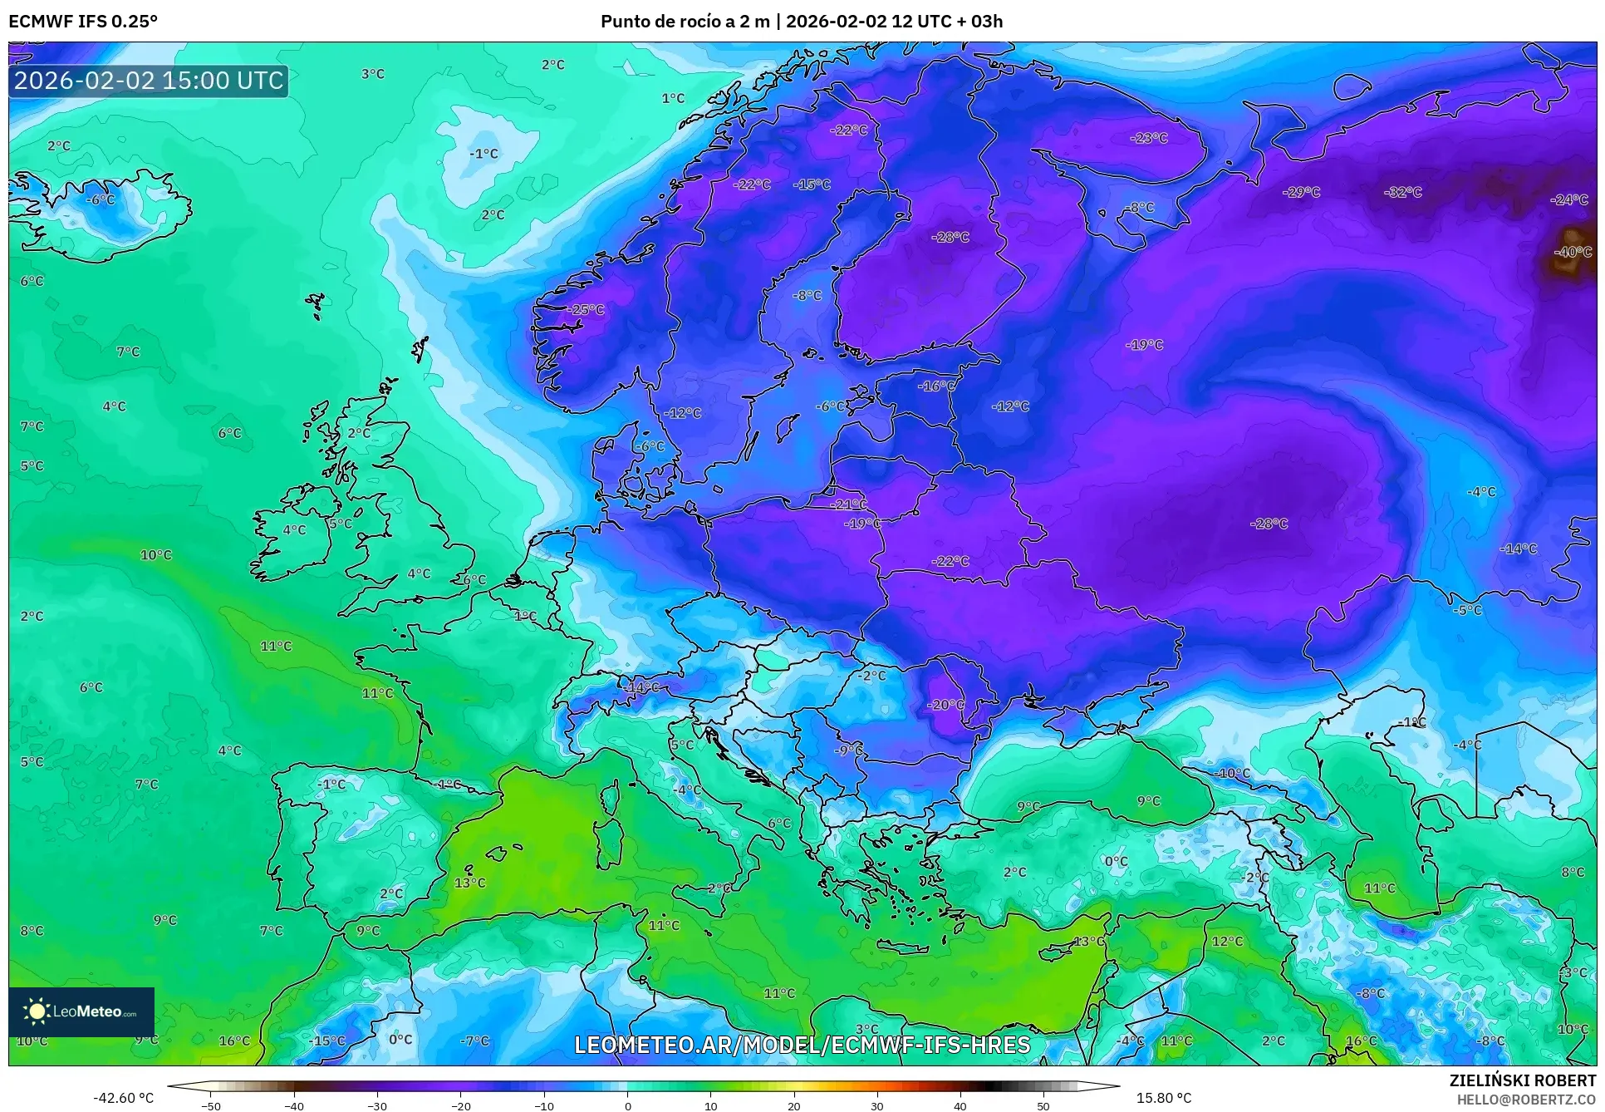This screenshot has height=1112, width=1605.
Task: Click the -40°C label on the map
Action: click(1573, 252)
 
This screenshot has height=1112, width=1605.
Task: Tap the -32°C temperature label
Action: click(1403, 192)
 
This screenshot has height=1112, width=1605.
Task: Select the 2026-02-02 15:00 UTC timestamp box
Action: click(149, 81)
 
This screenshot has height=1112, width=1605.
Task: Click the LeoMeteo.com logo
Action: click(81, 1011)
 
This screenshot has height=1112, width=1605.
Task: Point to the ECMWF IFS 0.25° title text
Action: click(83, 22)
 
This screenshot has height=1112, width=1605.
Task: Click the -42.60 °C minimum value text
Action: click(124, 1098)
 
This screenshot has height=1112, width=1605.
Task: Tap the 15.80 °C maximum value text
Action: click(1163, 1098)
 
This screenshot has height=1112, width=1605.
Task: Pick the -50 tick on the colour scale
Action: click(211, 1105)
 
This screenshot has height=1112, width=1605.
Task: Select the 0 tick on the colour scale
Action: click(627, 1105)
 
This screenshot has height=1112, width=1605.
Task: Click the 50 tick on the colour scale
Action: click(1043, 1105)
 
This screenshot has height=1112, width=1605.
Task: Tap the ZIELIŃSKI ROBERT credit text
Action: click(1522, 1080)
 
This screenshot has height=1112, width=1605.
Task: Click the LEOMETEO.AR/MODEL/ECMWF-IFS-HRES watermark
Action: click(802, 1045)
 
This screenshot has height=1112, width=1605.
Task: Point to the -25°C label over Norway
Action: click(586, 310)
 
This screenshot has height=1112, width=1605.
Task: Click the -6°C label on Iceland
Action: click(101, 200)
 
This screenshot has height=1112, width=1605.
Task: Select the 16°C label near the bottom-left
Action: click(234, 1041)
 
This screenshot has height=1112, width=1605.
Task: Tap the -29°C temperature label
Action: click(1302, 192)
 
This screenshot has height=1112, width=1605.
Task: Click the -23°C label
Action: click(1150, 138)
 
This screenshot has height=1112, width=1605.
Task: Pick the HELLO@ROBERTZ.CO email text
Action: click(1526, 1100)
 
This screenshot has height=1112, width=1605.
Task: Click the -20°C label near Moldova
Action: click(946, 705)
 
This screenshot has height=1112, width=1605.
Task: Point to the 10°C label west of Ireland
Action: click(156, 554)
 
